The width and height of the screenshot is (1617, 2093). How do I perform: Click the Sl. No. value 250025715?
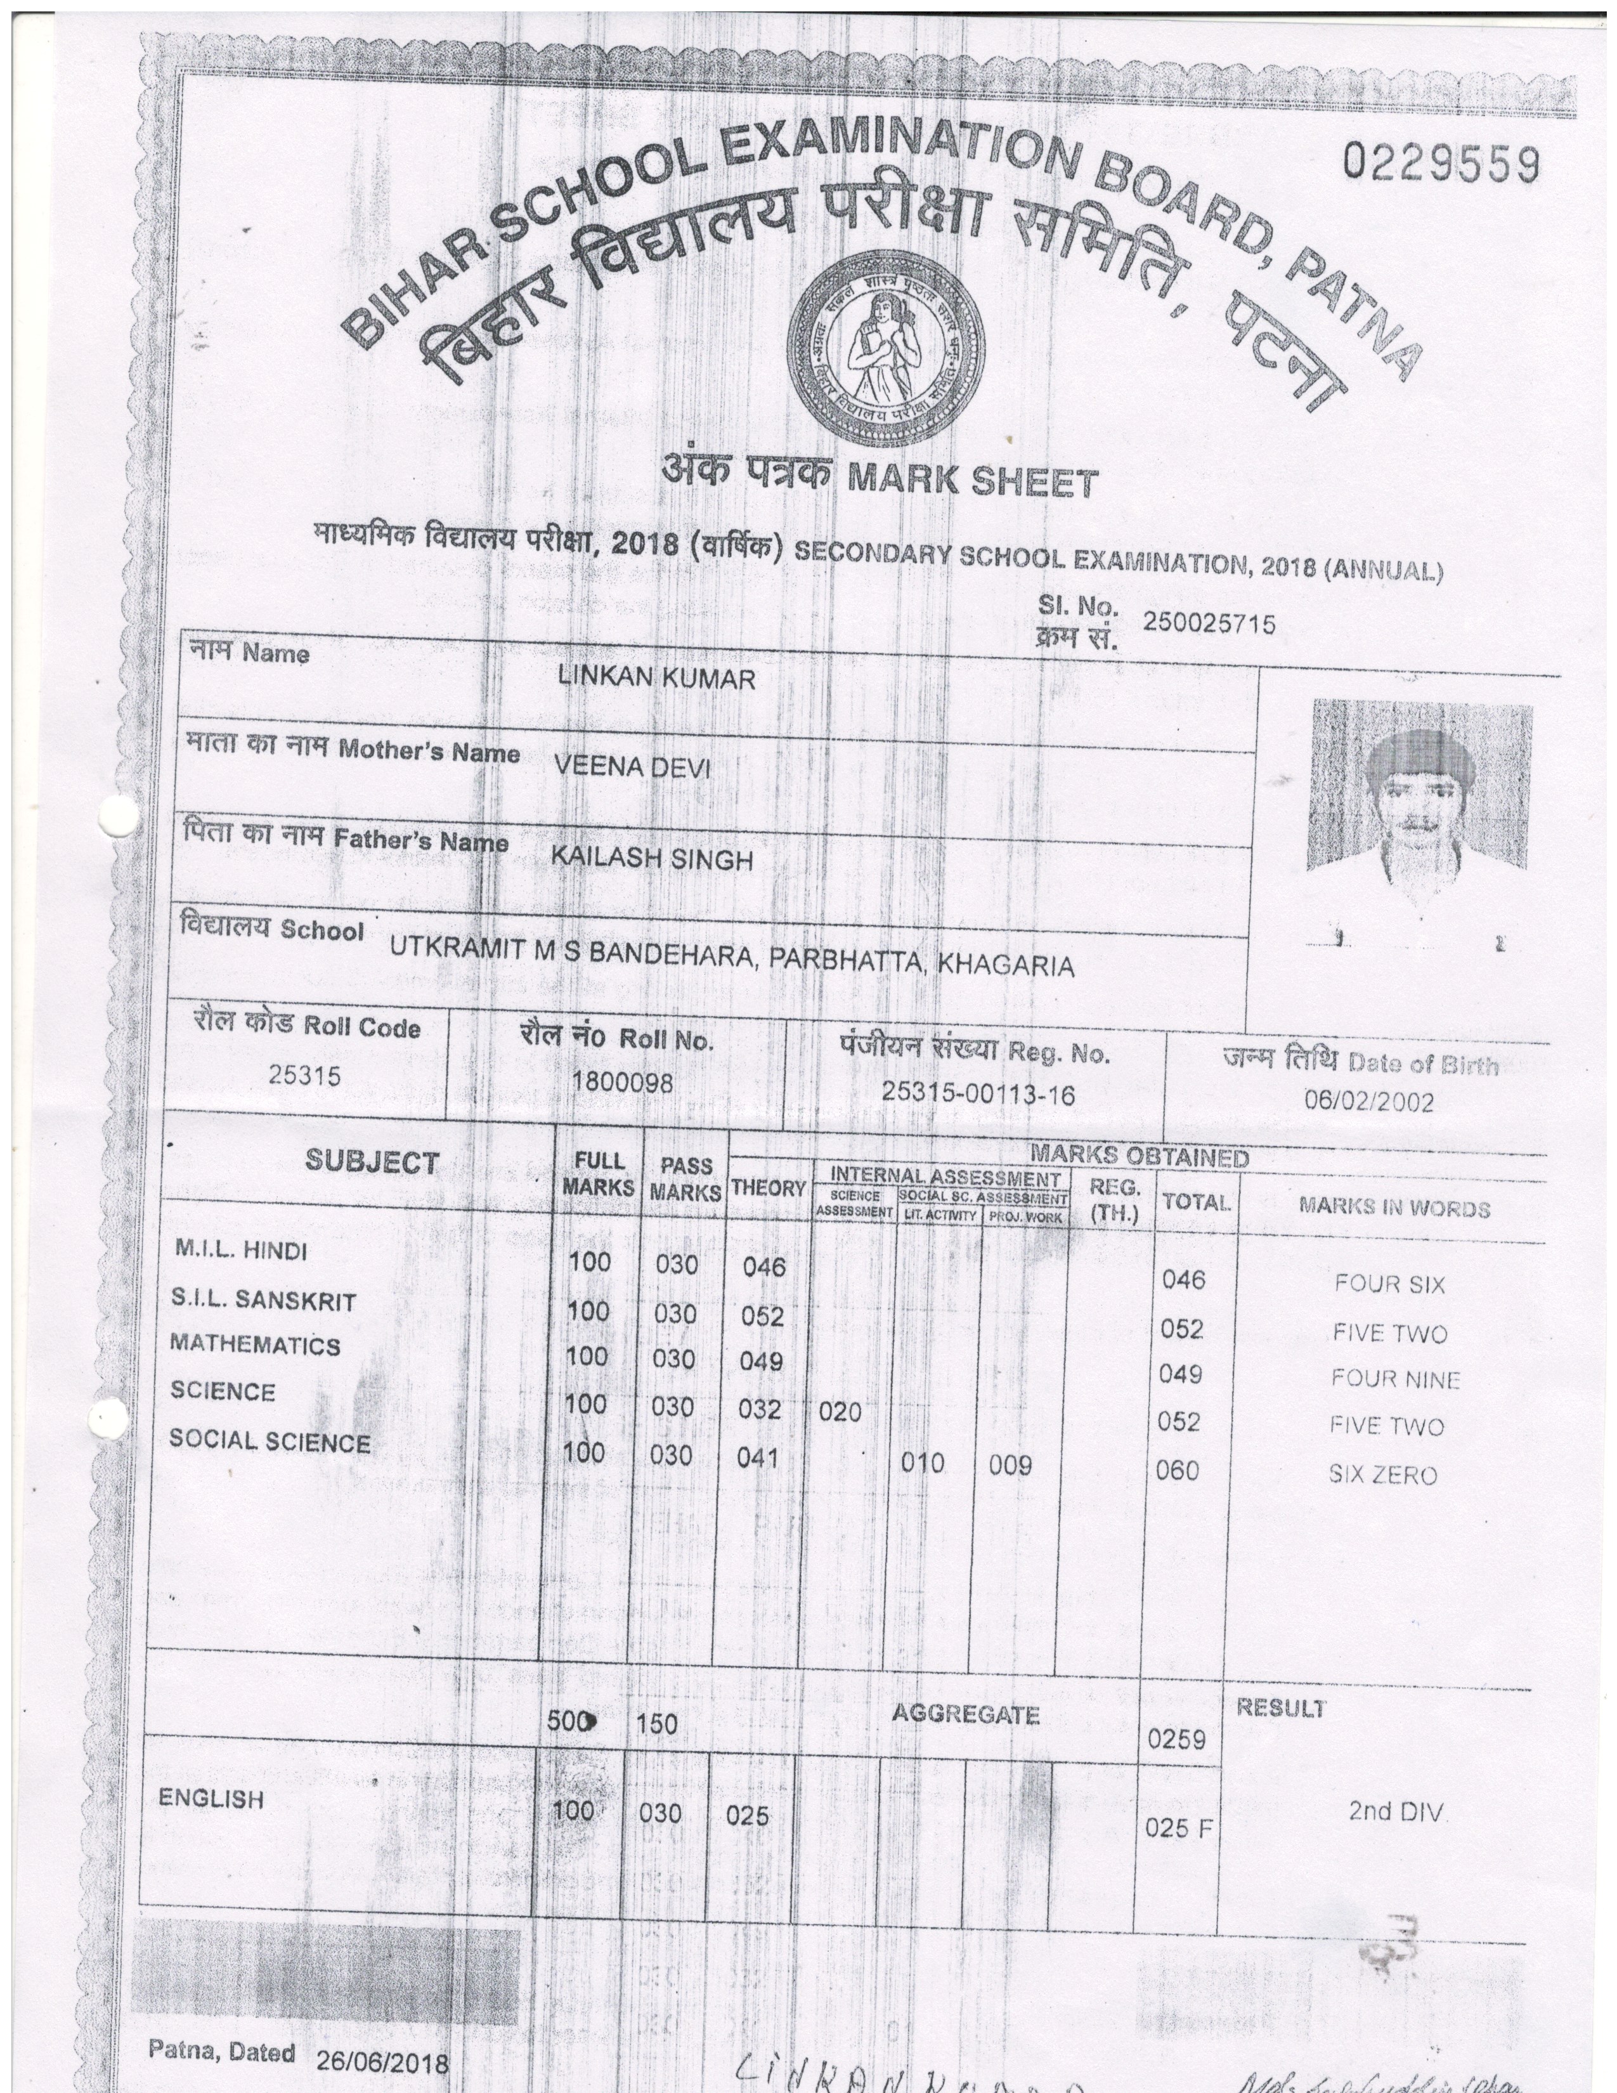[1209, 624]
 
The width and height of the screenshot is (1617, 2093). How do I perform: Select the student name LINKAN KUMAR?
[656, 679]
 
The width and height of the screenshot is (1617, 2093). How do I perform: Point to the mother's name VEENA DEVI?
[632, 767]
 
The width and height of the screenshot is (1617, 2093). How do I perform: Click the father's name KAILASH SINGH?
[651, 857]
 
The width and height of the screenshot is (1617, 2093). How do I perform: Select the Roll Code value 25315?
[304, 1075]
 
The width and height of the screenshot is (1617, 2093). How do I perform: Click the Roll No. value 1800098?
[623, 1082]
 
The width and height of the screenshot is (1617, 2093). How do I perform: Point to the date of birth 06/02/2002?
[1369, 1100]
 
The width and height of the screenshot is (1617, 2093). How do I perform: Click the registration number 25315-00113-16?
[978, 1093]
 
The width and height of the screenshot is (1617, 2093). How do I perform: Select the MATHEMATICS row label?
[255, 1345]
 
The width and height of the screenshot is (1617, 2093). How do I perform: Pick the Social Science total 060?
[1178, 1470]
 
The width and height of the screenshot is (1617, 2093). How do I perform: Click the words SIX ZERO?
[1382, 1475]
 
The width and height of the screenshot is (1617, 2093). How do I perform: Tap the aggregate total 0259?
[1176, 1739]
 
